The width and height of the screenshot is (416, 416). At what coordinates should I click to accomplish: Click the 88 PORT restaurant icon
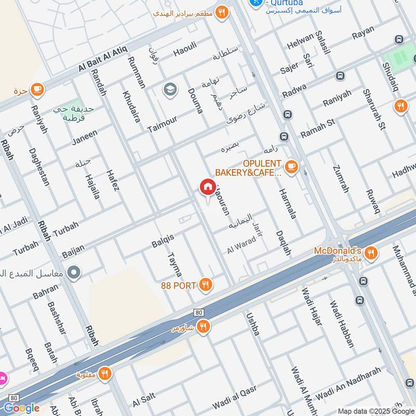[206, 284]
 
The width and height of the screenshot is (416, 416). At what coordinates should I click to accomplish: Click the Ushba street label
[252, 323]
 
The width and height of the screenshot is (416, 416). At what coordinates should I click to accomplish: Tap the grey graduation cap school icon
[170, 89]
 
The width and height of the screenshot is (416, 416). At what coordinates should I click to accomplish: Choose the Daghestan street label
[38, 167]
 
